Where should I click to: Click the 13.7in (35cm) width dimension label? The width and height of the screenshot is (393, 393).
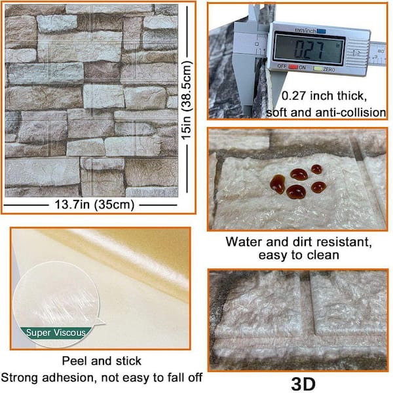[94, 205]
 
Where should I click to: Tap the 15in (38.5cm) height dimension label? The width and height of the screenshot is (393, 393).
[187, 100]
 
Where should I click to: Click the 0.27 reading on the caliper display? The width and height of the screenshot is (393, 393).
[309, 48]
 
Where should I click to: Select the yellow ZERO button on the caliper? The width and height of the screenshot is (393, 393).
[318, 68]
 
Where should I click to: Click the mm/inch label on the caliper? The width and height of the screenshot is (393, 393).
[305, 30]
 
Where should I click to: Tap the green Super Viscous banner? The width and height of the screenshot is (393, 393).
[56, 333]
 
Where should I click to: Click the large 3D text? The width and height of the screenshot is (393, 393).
[303, 383]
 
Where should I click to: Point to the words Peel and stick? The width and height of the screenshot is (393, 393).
[102, 361]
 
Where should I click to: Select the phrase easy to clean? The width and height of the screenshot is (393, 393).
[299, 255]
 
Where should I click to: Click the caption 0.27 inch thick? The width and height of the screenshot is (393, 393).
[324, 96]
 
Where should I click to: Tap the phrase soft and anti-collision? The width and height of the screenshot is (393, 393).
[326, 113]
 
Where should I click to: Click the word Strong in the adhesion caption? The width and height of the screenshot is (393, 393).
[20, 378]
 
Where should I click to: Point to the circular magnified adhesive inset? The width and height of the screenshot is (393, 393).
[56, 303]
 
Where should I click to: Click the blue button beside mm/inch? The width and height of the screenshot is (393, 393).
[321, 31]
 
